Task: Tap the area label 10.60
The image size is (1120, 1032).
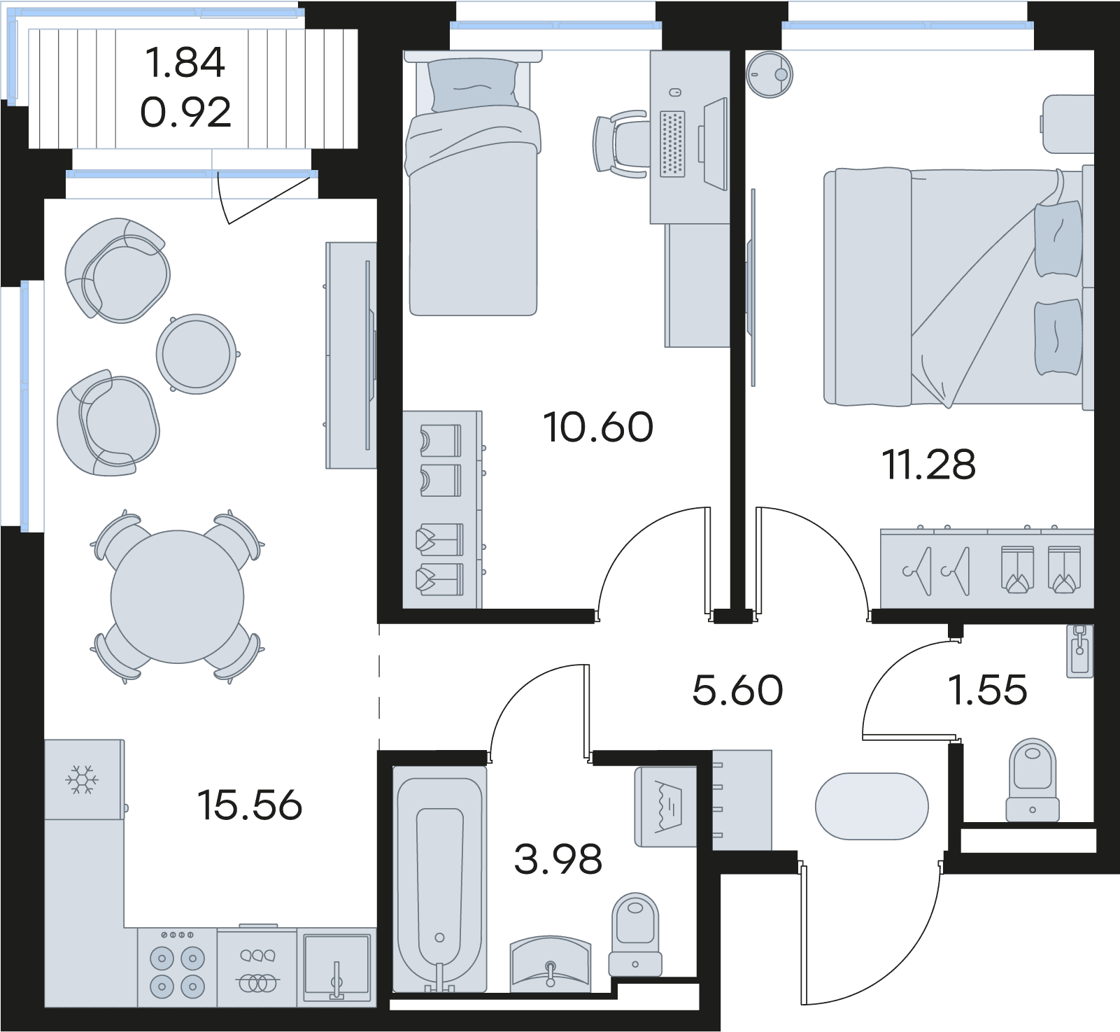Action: pyautogui.click(x=598, y=427)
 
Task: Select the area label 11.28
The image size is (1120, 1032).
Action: pyautogui.click(x=929, y=465)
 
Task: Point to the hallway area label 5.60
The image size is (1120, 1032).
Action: pyautogui.click(x=737, y=690)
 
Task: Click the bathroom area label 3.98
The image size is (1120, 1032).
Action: pyautogui.click(x=558, y=859)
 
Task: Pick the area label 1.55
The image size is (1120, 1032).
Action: pyautogui.click(x=987, y=690)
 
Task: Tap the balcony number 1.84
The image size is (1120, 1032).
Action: pyautogui.click(x=185, y=62)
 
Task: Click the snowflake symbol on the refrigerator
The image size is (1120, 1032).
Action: pyautogui.click(x=83, y=779)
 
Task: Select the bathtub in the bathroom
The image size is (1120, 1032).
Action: pyautogui.click(x=440, y=879)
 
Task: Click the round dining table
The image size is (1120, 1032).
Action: pyautogui.click(x=178, y=597)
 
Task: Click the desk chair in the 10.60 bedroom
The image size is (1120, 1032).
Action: pyautogui.click(x=620, y=144)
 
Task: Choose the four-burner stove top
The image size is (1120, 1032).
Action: pyautogui.click(x=177, y=968)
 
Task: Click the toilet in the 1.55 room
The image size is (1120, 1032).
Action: pyautogui.click(x=1033, y=779)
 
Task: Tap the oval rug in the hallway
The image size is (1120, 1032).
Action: pyautogui.click(x=872, y=806)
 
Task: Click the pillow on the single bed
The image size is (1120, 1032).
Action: pyautogui.click(x=474, y=85)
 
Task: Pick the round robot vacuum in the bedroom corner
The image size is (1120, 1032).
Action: pyautogui.click(x=770, y=73)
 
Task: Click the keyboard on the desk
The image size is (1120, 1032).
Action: pyautogui.click(x=672, y=143)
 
